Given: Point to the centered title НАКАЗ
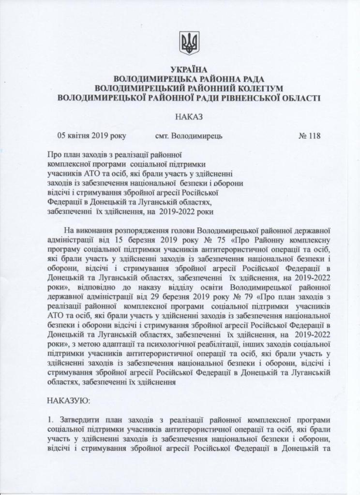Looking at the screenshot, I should tap(189, 117).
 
